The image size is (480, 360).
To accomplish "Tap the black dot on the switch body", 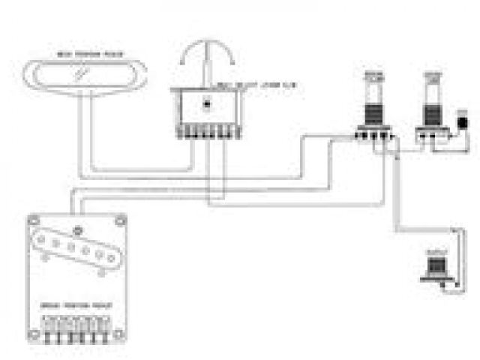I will [207, 104].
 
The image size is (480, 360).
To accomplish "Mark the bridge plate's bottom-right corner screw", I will [121, 331].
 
